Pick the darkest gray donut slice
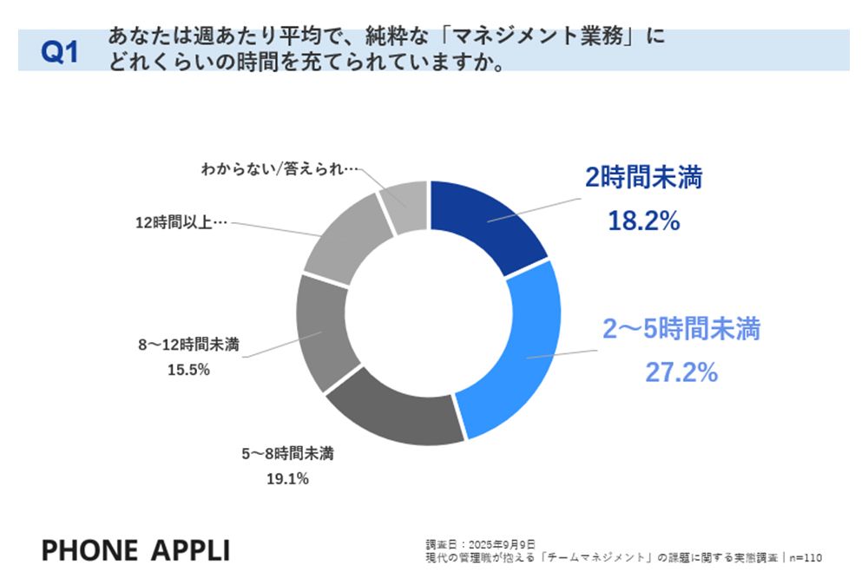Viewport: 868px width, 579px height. click(x=391, y=408)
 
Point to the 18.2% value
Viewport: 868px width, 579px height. click(x=643, y=221)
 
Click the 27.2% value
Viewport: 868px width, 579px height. click(x=681, y=372)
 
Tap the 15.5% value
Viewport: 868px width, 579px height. click(x=188, y=369)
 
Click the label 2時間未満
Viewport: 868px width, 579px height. click(x=643, y=179)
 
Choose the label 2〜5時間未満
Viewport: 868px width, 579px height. click(x=681, y=330)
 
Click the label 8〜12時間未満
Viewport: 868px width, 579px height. click(x=189, y=345)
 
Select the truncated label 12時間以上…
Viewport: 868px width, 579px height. click(x=181, y=222)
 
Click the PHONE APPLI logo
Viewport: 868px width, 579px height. click(x=136, y=549)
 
